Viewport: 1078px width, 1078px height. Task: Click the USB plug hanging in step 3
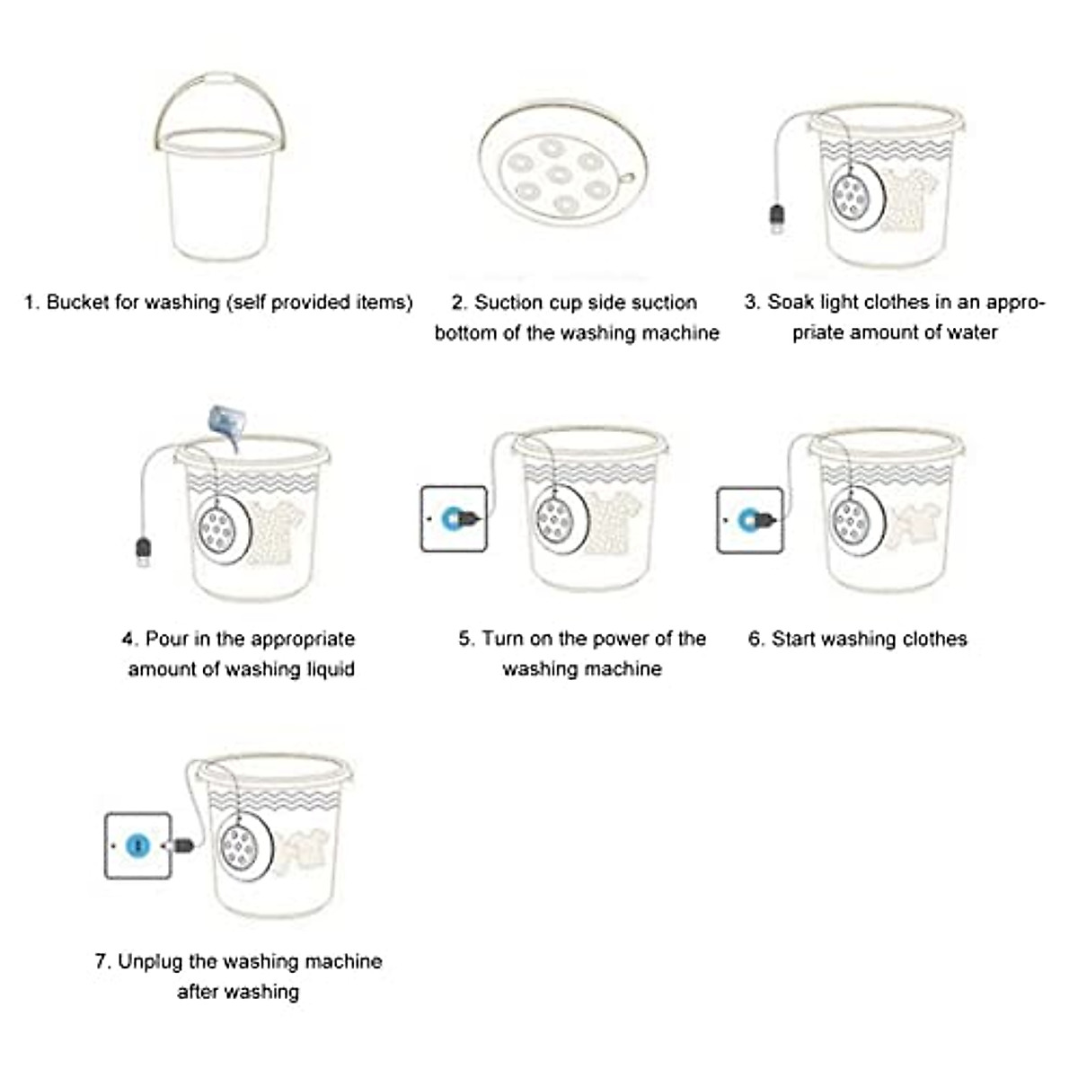(777, 218)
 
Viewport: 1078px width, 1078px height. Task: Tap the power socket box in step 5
(455, 518)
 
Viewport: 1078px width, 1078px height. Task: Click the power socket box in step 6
(749, 519)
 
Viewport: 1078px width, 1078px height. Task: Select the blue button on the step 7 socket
(137, 845)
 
